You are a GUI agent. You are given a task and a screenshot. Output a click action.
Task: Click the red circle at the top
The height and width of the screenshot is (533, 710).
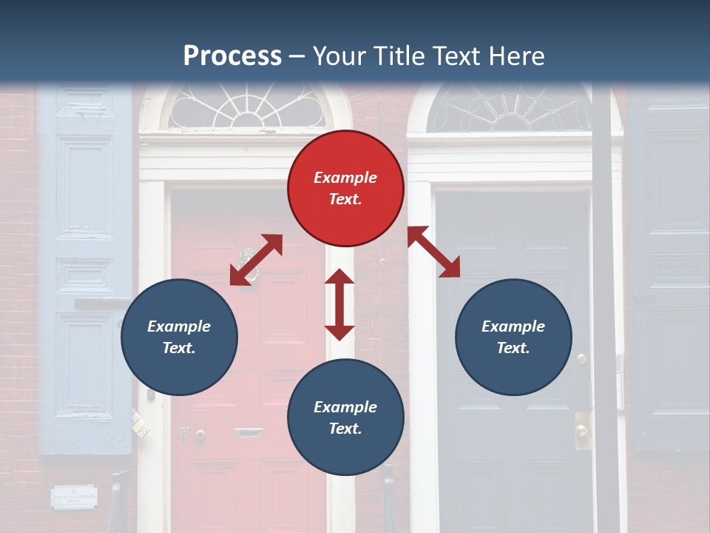pyautogui.click(x=345, y=188)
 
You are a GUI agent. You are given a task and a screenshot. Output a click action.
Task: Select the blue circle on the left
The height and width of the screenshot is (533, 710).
pyautogui.click(x=179, y=337)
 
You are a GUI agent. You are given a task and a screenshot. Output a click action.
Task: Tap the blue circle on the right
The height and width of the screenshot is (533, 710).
pyautogui.click(x=513, y=337)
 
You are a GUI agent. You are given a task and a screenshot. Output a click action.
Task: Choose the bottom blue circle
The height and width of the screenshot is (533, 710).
pyautogui.click(x=345, y=418)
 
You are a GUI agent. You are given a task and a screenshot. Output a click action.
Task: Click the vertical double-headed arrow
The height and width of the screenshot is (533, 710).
pyautogui.click(x=339, y=304)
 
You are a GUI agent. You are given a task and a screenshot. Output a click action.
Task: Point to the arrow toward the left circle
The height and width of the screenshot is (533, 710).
pyautogui.click(x=256, y=260)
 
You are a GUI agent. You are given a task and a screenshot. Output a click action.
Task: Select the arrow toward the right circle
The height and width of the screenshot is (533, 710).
pyautogui.click(x=434, y=252)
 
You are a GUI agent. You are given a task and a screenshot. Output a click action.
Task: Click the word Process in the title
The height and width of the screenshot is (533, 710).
pyautogui.click(x=232, y=56)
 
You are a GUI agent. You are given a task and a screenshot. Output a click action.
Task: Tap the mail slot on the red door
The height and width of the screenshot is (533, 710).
pyautogui.click(x=248, y=432)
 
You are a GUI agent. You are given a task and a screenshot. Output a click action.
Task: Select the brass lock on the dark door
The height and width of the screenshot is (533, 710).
pyautogui.click(x=582, y=429)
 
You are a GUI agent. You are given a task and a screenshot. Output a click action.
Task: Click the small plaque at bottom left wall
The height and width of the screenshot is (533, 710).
pyautogui.click(x=74, y=496)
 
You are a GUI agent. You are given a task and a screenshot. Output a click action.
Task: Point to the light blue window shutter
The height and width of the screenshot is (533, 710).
pyautogui.click(x=85, y=266)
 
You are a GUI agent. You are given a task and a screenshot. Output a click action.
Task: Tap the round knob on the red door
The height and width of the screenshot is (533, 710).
pyautogui.click(x=200, y=435)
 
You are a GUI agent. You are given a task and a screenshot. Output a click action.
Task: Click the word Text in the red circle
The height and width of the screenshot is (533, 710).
pyautogui.click(x=345, y=199)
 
